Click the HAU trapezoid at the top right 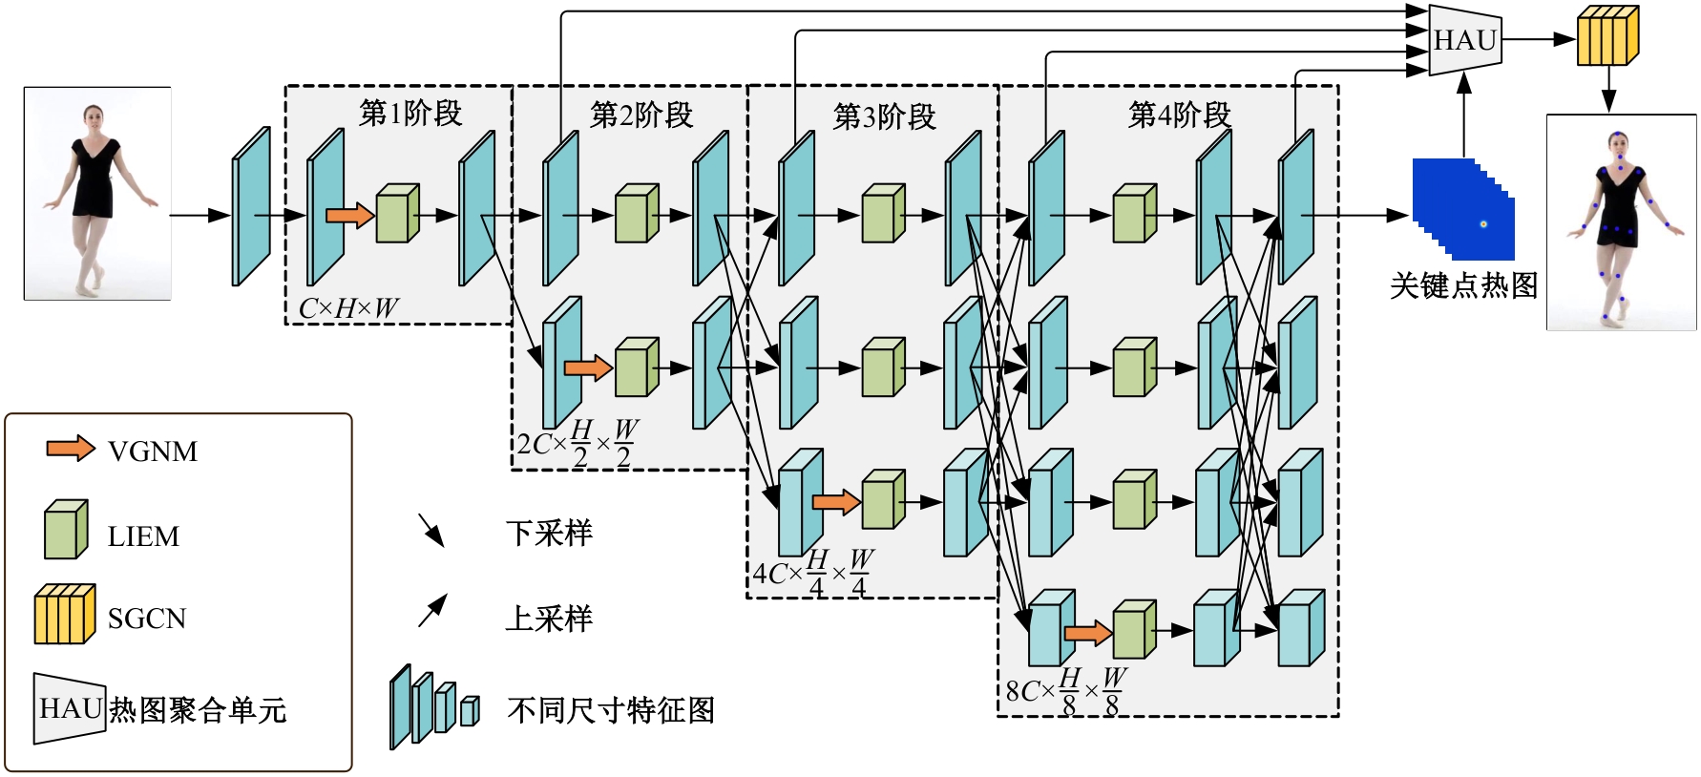click(x=1465, y=40)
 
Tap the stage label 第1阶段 click(x=410, y=114)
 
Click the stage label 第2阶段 click(x=641, y=115)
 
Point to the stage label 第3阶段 click(x=885, y=117)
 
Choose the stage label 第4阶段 click(x=1180, y=115)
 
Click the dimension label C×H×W click(x=348, y=308)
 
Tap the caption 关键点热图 click(x=1463, y=285)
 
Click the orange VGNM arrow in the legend click(x=71, y=449)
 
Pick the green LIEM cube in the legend click(x=66, y=531)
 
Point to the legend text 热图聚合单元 click(x=198, y=710)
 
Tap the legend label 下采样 click(x=549, y=533)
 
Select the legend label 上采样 click(x=549, y=619)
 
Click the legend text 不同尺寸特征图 click(x=611, y=710)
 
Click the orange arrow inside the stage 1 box click(x=349, y=215)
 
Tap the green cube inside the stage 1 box click(x=397, y=214)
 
